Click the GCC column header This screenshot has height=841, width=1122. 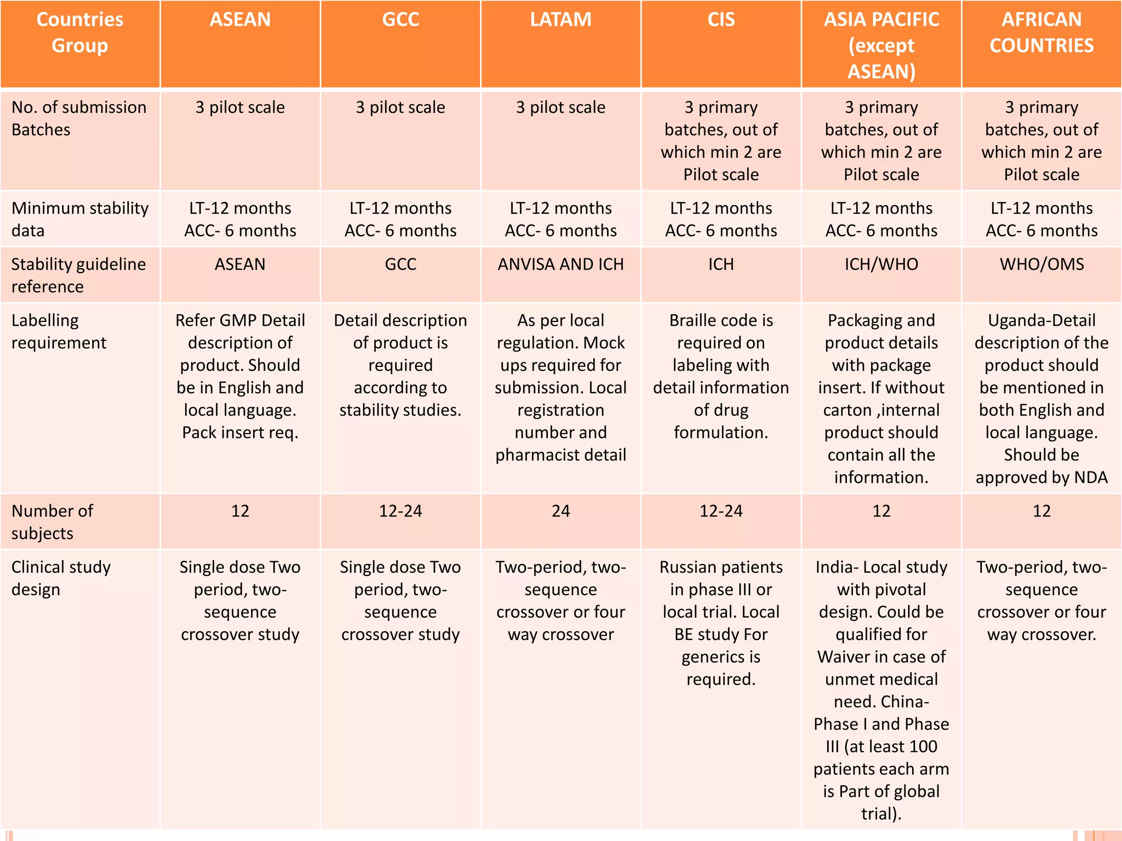[400, 20]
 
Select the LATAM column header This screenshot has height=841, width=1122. [560, 20]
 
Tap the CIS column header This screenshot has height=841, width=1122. [720, 20]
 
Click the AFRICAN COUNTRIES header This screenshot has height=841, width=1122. [1041, 33]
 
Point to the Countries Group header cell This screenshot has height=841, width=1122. [80, 33]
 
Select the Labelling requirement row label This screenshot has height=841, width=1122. [59, 331]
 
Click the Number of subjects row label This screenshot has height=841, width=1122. [52, 522]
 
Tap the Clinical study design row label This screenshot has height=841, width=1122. [60, 578]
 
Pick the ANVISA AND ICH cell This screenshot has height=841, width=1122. [560, 264]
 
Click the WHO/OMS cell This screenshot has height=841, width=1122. [1041, 264]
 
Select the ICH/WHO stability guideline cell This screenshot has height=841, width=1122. [881, 264]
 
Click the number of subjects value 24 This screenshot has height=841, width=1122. [560, 511]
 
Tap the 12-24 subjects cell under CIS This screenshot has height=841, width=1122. [720, 511]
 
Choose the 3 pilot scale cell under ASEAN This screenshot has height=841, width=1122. [240, 108]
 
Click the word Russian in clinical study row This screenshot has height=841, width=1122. [690, 567]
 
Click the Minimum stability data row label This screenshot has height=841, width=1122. [79, 219]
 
